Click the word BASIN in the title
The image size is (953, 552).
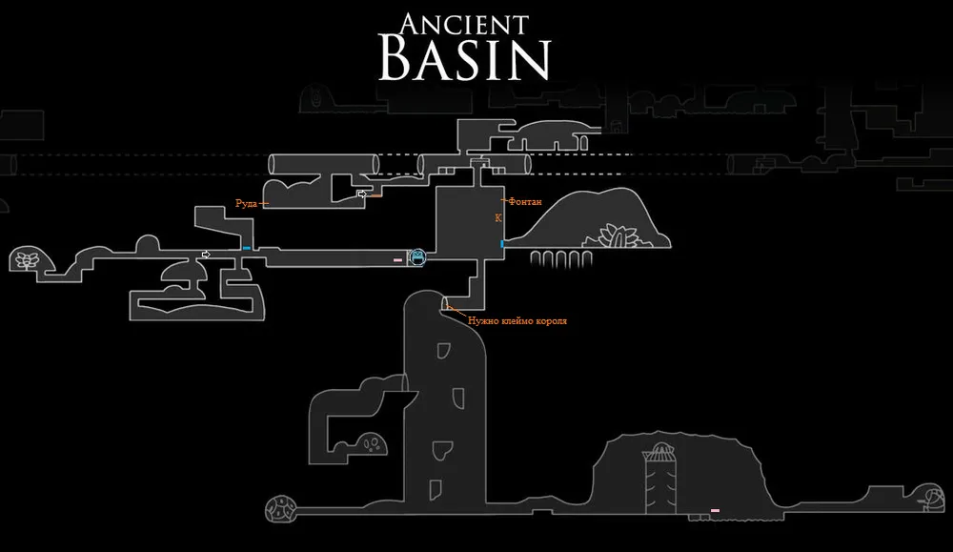pyautogui.click(x=465, y=60)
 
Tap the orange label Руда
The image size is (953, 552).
pyautogui.click(x=246, y=202)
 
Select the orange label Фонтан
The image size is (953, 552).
pyautogui.click(x=526, y=202)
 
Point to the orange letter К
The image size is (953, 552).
pyautogui.click(x=497, y=218)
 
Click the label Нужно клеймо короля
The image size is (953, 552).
pyautogui.click(x=517, y=321)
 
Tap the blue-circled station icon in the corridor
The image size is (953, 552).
pyautogui.click(x=417, y=256)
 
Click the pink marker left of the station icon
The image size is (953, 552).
pyautogui.click(x=398, y=257)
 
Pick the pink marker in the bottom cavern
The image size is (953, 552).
pyautogui.click(x=715, y=511)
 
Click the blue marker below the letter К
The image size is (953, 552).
pyautogui.click(x=502, y=245)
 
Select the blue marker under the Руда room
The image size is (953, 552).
pyautogui.click(x=247, y=249)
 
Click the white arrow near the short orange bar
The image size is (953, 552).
pyautogui.click(x=362, y=194)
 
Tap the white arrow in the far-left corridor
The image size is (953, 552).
pyautogui.click(x=206, y=255)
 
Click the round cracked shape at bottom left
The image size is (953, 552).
pyautogui.click(x=281, y=509)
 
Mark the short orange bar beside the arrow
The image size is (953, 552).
pyautogui.click(x=375, y=196)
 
